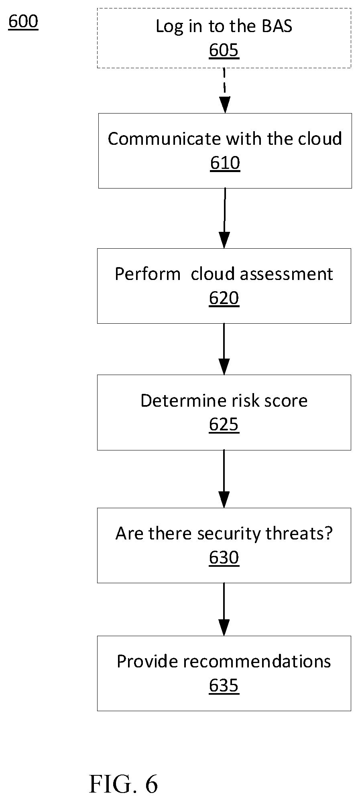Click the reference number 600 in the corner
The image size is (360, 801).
click(x=23, y=21)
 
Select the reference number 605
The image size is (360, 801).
click(x=224, y=51)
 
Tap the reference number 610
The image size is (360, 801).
click(x=225, y=163)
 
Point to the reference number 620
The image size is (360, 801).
click(x=224, y=298)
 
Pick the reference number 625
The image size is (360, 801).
click(x=224, y=425)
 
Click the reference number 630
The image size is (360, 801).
click(x=224, y=558)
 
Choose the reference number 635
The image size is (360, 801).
click(x=224, y=685)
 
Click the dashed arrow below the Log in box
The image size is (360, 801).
click(x=225, y=91)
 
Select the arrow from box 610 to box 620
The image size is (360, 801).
click(x=225, y=218)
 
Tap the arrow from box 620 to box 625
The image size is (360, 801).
click(x=224, y=349)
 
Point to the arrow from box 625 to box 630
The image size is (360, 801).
click(x=224, y=479)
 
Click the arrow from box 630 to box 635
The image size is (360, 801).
click(x=224, y=609)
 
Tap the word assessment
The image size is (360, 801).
click(x=286, y=274)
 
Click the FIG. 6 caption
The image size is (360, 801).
click(x=124, y=784)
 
